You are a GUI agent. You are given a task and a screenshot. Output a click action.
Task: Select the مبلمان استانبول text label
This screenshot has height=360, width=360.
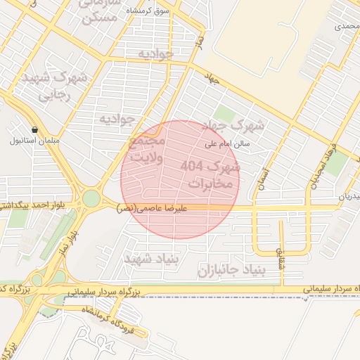pyautogui.click(x=28, y=141)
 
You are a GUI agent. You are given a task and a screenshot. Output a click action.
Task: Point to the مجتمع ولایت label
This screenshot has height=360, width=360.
pyautogui.click(x=148, y=149)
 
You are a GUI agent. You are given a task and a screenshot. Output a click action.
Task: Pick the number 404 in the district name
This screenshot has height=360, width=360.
pyautogui.click(x=192, y=166)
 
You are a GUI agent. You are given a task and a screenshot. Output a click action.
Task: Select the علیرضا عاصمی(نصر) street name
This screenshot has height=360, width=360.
pyautogui.click(x=151, y=208)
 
